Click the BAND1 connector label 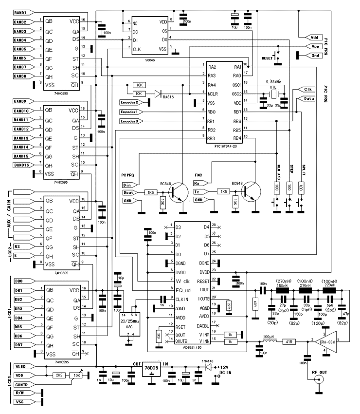click(21, 12)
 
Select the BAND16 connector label click(21, 165)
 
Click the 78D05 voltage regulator click(152, 369)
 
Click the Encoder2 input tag click(133, 102)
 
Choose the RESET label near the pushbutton click(268, 57)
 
